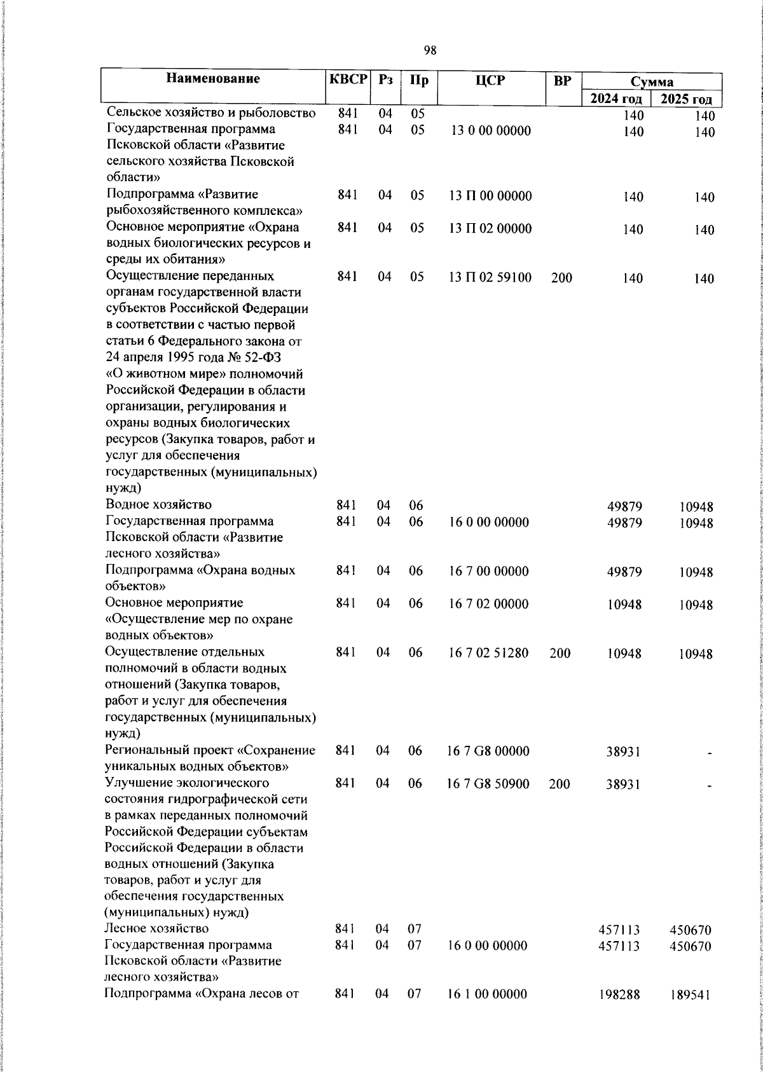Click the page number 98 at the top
click(430, 50)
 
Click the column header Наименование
click(214, 79)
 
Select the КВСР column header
click(348, 80)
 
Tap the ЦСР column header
click(490, 80)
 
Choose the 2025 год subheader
click(686, 99)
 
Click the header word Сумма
click(652, 81)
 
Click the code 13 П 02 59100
click(490, 278)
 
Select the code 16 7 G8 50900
click(488, 784)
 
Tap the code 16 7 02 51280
click(488, 652)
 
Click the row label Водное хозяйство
click(158, 505)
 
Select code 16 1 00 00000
click(488, 994)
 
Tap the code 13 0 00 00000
click(490, 131)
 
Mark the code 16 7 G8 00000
click(488, 752)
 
